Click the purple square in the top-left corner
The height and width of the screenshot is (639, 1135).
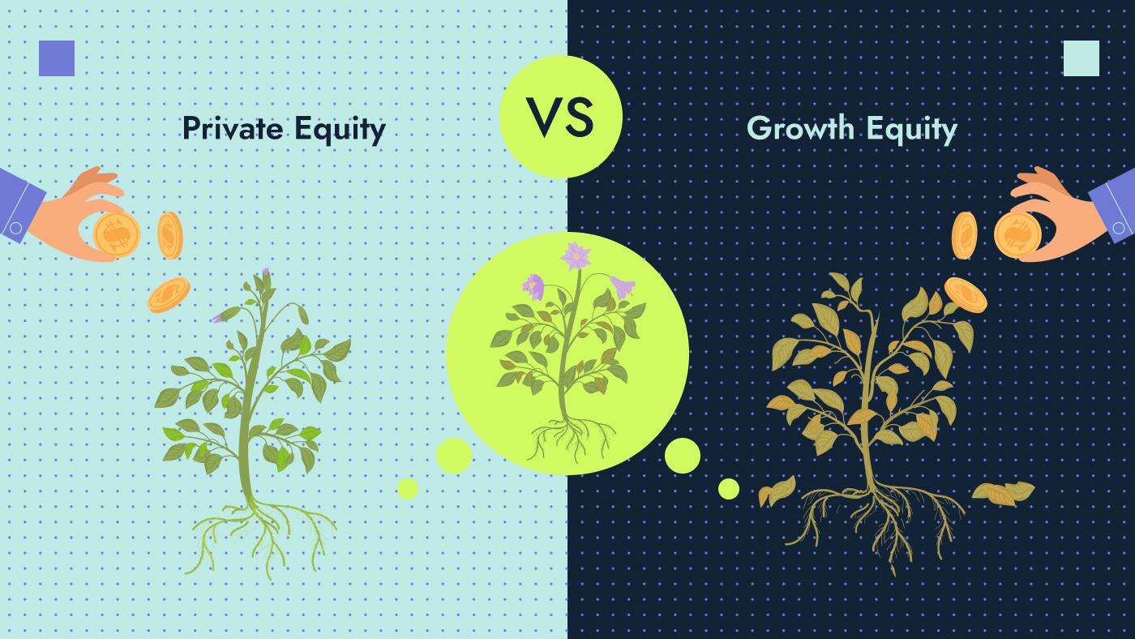pyautogui.click(x=57, y=58)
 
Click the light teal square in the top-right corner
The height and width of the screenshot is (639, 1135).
pyautogui.click(x=1081, y=58)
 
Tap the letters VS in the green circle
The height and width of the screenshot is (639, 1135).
pyautogui.click(x=560, y=117)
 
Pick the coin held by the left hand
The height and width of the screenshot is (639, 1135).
pyautogui.click(x=117, y=234)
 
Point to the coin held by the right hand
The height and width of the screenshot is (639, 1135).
pyautogui.click(x=1017, y=234)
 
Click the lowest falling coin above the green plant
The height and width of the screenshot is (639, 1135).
pyautogui.click(x=169, y=295)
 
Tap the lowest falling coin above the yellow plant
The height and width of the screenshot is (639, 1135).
pyautogui.click(x=966, y=295)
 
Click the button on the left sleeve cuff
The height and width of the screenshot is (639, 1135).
pyautogui.click(x=15, y=228)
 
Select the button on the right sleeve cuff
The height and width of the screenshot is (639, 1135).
pyautogui.click(x=1119, y=228)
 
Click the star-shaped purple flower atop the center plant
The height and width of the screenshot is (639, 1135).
pyautogui.click(x=576, y=256)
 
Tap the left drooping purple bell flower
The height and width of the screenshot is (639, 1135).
pyautogui.click(x=533, y=287)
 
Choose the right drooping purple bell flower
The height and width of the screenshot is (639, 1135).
pyautogui.click(x=623, y=287)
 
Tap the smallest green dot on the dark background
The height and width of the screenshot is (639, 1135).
pyautogui.click(x=729, y=489)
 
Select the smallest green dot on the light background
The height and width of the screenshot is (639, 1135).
pyautogui.click(x=408, y=489)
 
